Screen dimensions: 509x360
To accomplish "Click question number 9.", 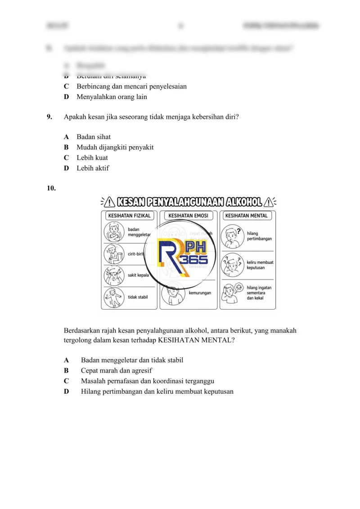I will coord(49,117).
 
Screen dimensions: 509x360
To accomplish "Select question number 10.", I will coord(51,189).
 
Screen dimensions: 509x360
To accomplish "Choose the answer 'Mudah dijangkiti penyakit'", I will coord(115,147).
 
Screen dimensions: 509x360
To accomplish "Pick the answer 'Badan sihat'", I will coord(94,137).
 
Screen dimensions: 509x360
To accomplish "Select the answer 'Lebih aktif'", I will coord(93,168).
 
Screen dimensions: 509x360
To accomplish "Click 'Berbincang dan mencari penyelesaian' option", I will coord(131,86).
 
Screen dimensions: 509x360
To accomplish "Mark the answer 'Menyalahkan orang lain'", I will coord(112,97).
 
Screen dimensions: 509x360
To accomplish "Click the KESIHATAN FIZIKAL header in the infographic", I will coord(129,216).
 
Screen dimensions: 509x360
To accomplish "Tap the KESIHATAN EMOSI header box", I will coord(188,216).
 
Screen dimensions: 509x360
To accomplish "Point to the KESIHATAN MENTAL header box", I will coord(246,216).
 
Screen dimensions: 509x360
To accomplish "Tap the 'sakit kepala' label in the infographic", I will coord(138,275).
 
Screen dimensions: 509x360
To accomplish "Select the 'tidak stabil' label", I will coord(138,297).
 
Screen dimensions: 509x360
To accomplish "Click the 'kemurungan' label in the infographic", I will coord(200,293).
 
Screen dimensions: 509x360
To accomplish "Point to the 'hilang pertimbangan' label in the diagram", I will coord(259,236).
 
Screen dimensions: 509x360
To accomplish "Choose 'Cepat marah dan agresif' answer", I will coord(116,371).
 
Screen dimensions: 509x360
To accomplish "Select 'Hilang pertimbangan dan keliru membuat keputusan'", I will coord(157,392).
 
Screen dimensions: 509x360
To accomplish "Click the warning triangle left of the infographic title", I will coord(109,202).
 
